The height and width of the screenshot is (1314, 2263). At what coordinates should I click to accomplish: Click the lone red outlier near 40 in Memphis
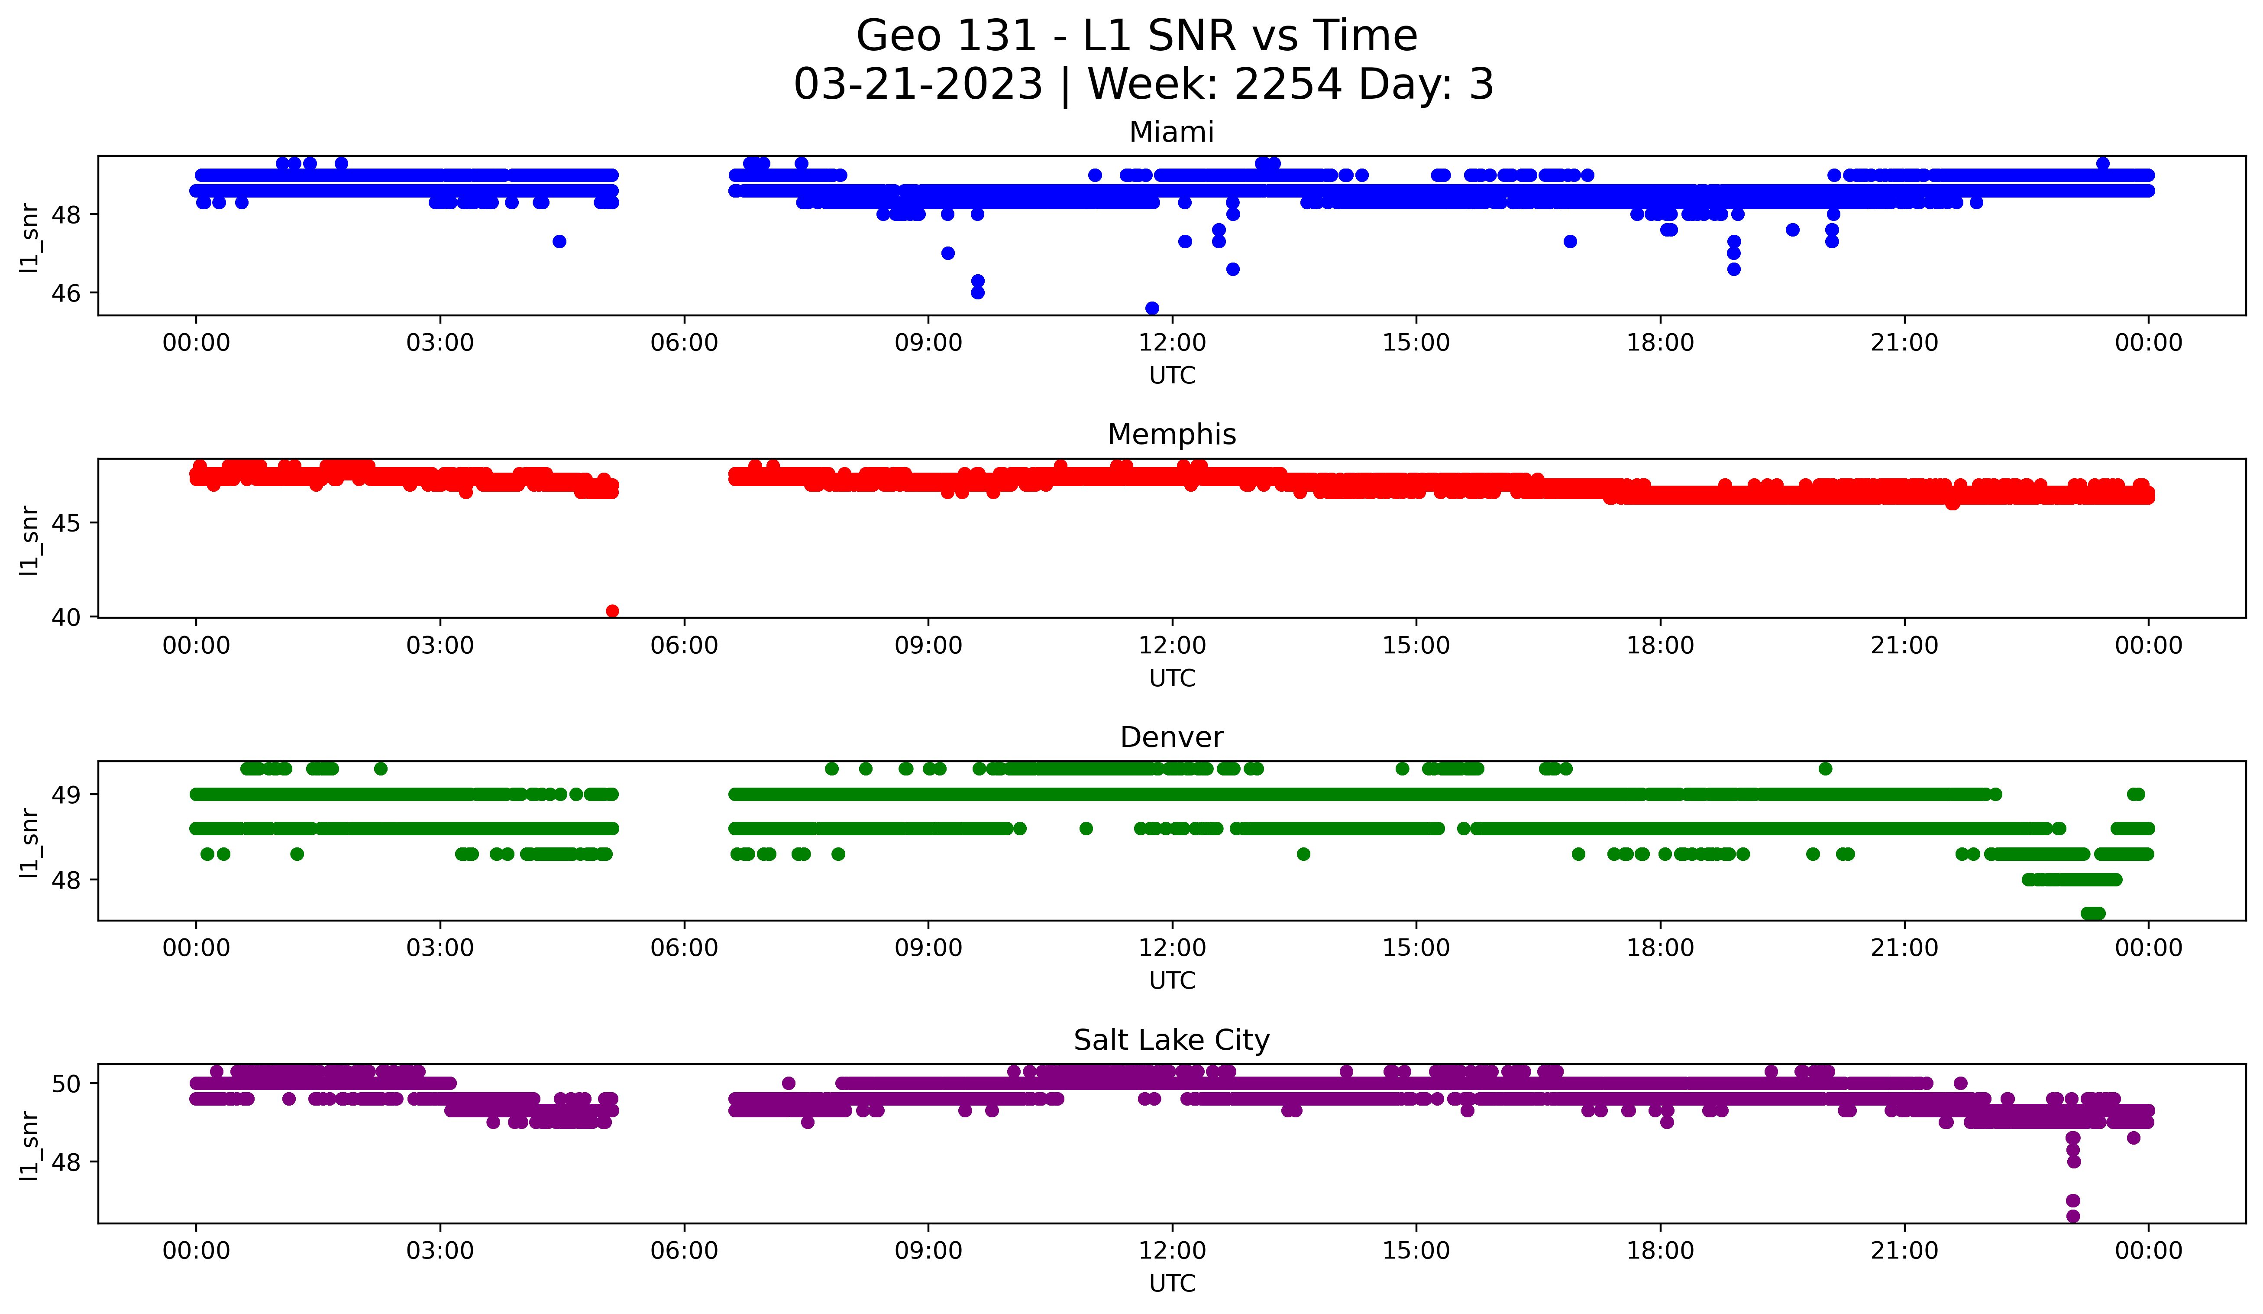click(612, 611)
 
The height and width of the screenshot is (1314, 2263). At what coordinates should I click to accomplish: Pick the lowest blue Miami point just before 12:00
click(1152, 308)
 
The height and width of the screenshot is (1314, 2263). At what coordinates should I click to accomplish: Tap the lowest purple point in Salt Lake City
click(2072, 1216)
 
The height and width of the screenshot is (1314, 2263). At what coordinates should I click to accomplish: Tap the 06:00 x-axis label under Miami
click(684, 343)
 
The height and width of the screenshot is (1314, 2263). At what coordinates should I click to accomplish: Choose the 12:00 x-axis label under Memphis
click(1172, 646)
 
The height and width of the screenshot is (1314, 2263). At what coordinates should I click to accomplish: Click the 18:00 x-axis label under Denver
click(1660, 948)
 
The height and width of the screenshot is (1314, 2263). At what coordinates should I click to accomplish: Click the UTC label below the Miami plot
click(1172, 376)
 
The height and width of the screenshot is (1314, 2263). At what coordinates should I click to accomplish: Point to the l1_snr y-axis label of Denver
click(29, 842)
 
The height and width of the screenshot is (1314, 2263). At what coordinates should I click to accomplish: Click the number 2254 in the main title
click(1289, 84)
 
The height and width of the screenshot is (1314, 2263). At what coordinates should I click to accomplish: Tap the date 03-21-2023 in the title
click(918, 84)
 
